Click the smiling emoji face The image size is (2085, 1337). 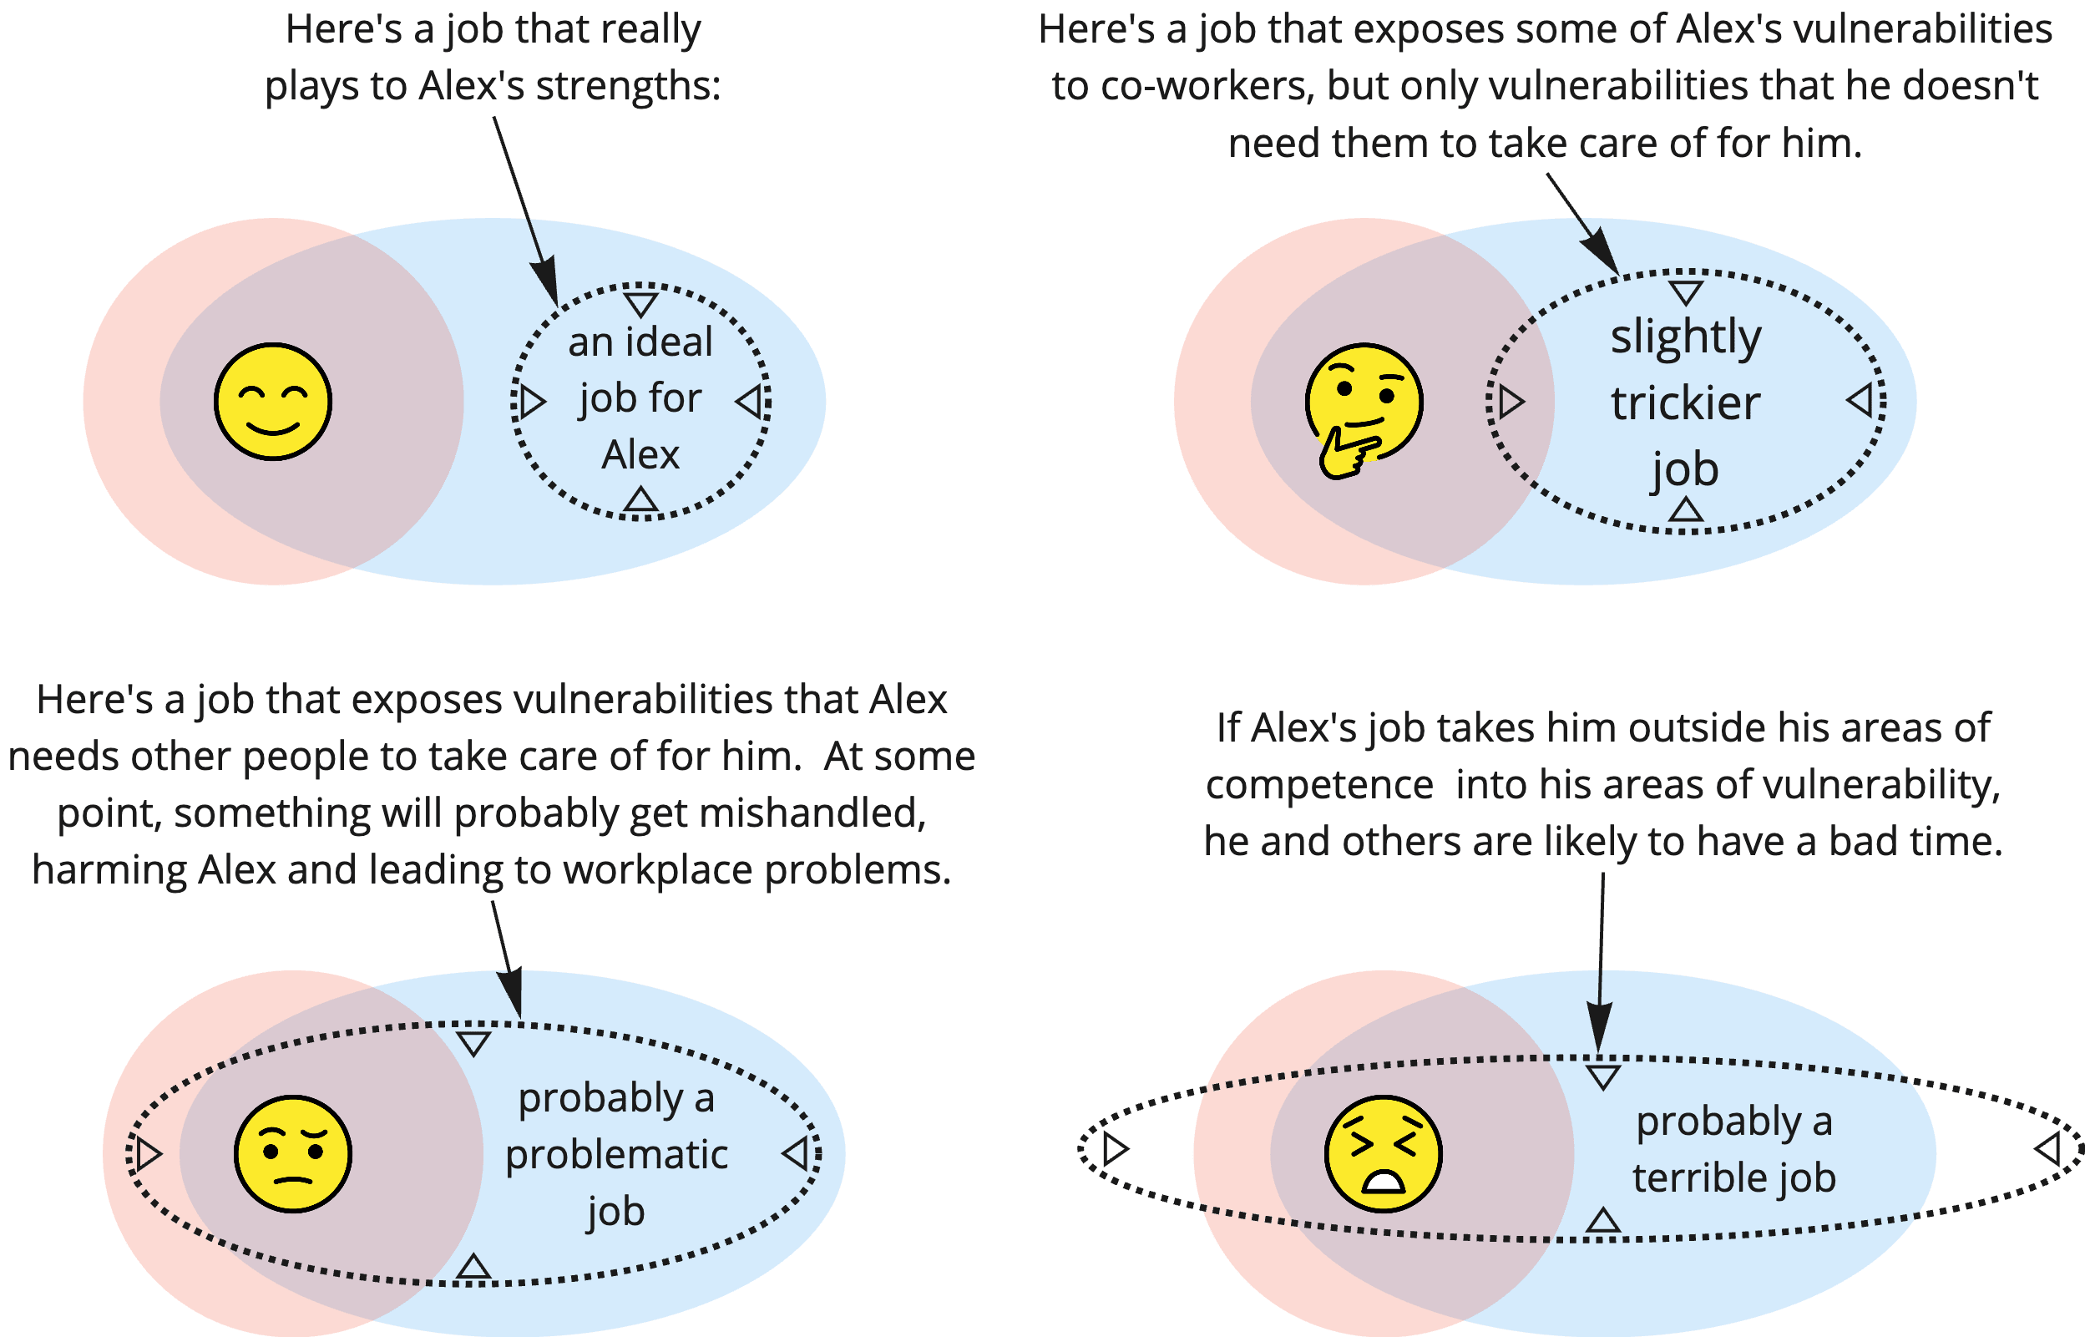pos(272,401)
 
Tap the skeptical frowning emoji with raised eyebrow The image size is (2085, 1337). pos(292,1153)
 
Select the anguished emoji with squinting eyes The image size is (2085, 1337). pos(1383,1153)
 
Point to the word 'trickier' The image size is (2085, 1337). pos(1685,403)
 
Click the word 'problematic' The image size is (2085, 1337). pos(616,1155)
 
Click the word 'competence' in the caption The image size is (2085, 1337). pos(1318,786)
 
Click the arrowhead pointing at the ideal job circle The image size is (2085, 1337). pos(548,286)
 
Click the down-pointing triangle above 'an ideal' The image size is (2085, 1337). pos(640,304)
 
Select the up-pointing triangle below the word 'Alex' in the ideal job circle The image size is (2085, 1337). pos(640,500)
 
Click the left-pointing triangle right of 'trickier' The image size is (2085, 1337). pos(1860,401)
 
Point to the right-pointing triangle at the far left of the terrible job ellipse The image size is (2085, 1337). pos(1115,1148)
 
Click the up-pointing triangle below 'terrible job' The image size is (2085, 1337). pos(1602,1222)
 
